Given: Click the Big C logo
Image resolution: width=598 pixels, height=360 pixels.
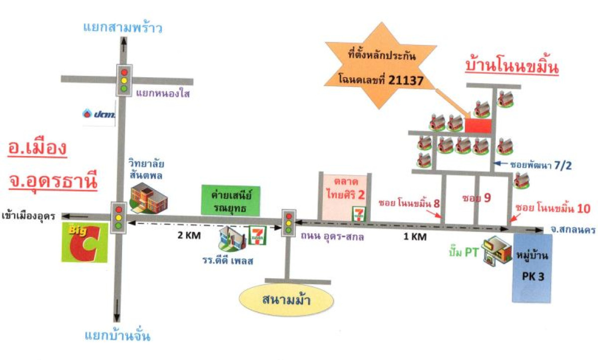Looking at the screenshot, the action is (x=85, y=242).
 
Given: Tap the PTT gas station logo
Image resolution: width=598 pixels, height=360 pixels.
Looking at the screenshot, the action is (x=99, y=114).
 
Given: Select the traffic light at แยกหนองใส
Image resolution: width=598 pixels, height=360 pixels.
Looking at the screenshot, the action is (x=124, y=80).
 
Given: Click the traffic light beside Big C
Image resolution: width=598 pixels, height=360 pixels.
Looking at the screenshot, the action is (x=119, y=218).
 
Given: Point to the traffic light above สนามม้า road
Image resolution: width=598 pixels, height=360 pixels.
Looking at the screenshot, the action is (x=289, y=223).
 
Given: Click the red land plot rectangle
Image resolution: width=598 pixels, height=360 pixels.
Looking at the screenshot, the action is (x=478, y=126).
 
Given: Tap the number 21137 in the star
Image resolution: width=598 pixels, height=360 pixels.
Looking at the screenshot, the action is (x=406, y=80).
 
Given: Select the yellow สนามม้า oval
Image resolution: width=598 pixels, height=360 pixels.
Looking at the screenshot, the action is (x=286, y=300).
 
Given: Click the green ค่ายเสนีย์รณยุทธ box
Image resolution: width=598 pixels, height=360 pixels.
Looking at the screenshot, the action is (x=231, y=200).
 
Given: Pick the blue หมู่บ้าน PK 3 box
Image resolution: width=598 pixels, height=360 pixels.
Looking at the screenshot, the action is (x=532, y=268).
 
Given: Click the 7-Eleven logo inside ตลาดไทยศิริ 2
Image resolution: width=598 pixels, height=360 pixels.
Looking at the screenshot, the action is (x=359, y=213).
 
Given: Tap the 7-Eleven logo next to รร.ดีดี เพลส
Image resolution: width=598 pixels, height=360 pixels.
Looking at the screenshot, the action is (x=257, y=235).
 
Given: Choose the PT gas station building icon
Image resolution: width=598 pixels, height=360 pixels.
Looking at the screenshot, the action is (x=497, y=251).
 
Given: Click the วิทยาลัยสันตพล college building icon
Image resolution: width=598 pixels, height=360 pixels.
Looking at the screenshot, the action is (x=149, y=198).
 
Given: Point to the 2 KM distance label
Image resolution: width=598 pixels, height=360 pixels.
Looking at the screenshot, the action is (x=189, y=235).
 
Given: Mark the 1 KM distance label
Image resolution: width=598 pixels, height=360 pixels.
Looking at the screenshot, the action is (x=415, y=236).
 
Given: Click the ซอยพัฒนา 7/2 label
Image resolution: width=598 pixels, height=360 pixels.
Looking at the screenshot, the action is (x=541, y=166).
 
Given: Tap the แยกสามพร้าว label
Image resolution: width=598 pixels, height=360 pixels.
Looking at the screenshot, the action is (x=123, y=27).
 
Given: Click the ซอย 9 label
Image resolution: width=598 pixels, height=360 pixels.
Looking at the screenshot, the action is (x=476, y=198).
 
